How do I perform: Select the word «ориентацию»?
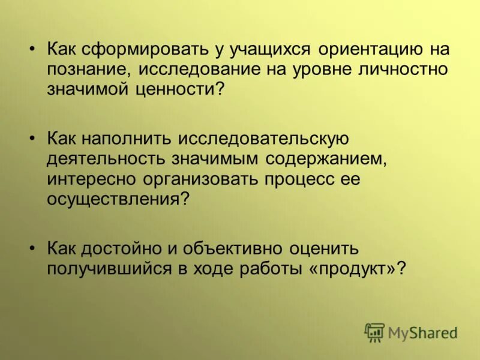coord(371,49)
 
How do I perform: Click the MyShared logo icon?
coord(374,332)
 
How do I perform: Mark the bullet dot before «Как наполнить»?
coord(34,139)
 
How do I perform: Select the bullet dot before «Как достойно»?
coord(34,248)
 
